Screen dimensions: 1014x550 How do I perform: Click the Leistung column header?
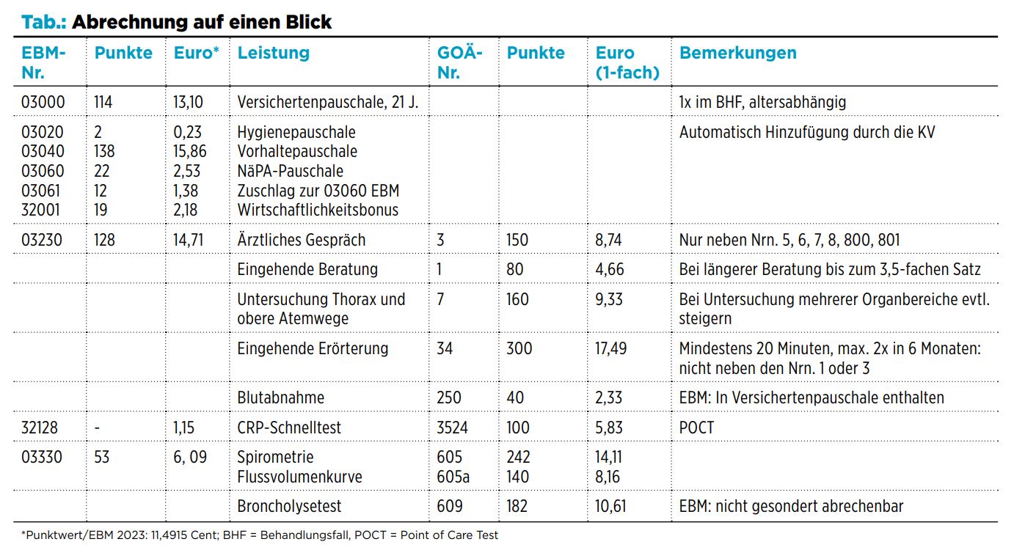click(274, 54)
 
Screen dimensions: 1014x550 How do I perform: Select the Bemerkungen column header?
click(738, 54)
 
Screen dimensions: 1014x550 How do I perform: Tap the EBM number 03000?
click(43, 102)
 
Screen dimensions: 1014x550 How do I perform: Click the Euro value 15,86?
click(190, 152)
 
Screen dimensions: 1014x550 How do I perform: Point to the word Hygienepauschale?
click(296, 132)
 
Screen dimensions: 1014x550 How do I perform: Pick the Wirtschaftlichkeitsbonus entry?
click(318, 210)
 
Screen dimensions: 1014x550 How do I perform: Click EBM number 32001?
click(40, 210)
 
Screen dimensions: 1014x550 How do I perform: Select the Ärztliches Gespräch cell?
click(302, 240)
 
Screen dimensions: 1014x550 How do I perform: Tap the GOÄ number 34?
click(445, 349)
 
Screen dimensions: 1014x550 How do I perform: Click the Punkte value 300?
click(519, 349)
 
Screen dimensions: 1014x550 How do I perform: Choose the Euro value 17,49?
click(611, 349)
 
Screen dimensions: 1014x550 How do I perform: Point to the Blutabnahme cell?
click(281, 397)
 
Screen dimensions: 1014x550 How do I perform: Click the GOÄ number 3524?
click(452, 428)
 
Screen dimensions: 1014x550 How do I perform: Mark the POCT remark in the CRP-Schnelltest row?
click(697, 428)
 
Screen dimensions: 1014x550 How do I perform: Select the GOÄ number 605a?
click(453, 477)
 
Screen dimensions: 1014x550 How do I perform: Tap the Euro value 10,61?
click(610, 506)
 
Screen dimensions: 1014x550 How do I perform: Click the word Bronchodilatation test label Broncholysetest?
click(289, 506)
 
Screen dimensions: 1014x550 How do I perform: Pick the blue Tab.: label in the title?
click(44, 22)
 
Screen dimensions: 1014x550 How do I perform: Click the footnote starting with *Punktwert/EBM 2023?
click(260, 535)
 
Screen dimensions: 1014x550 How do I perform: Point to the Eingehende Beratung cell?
click(307, 270)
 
